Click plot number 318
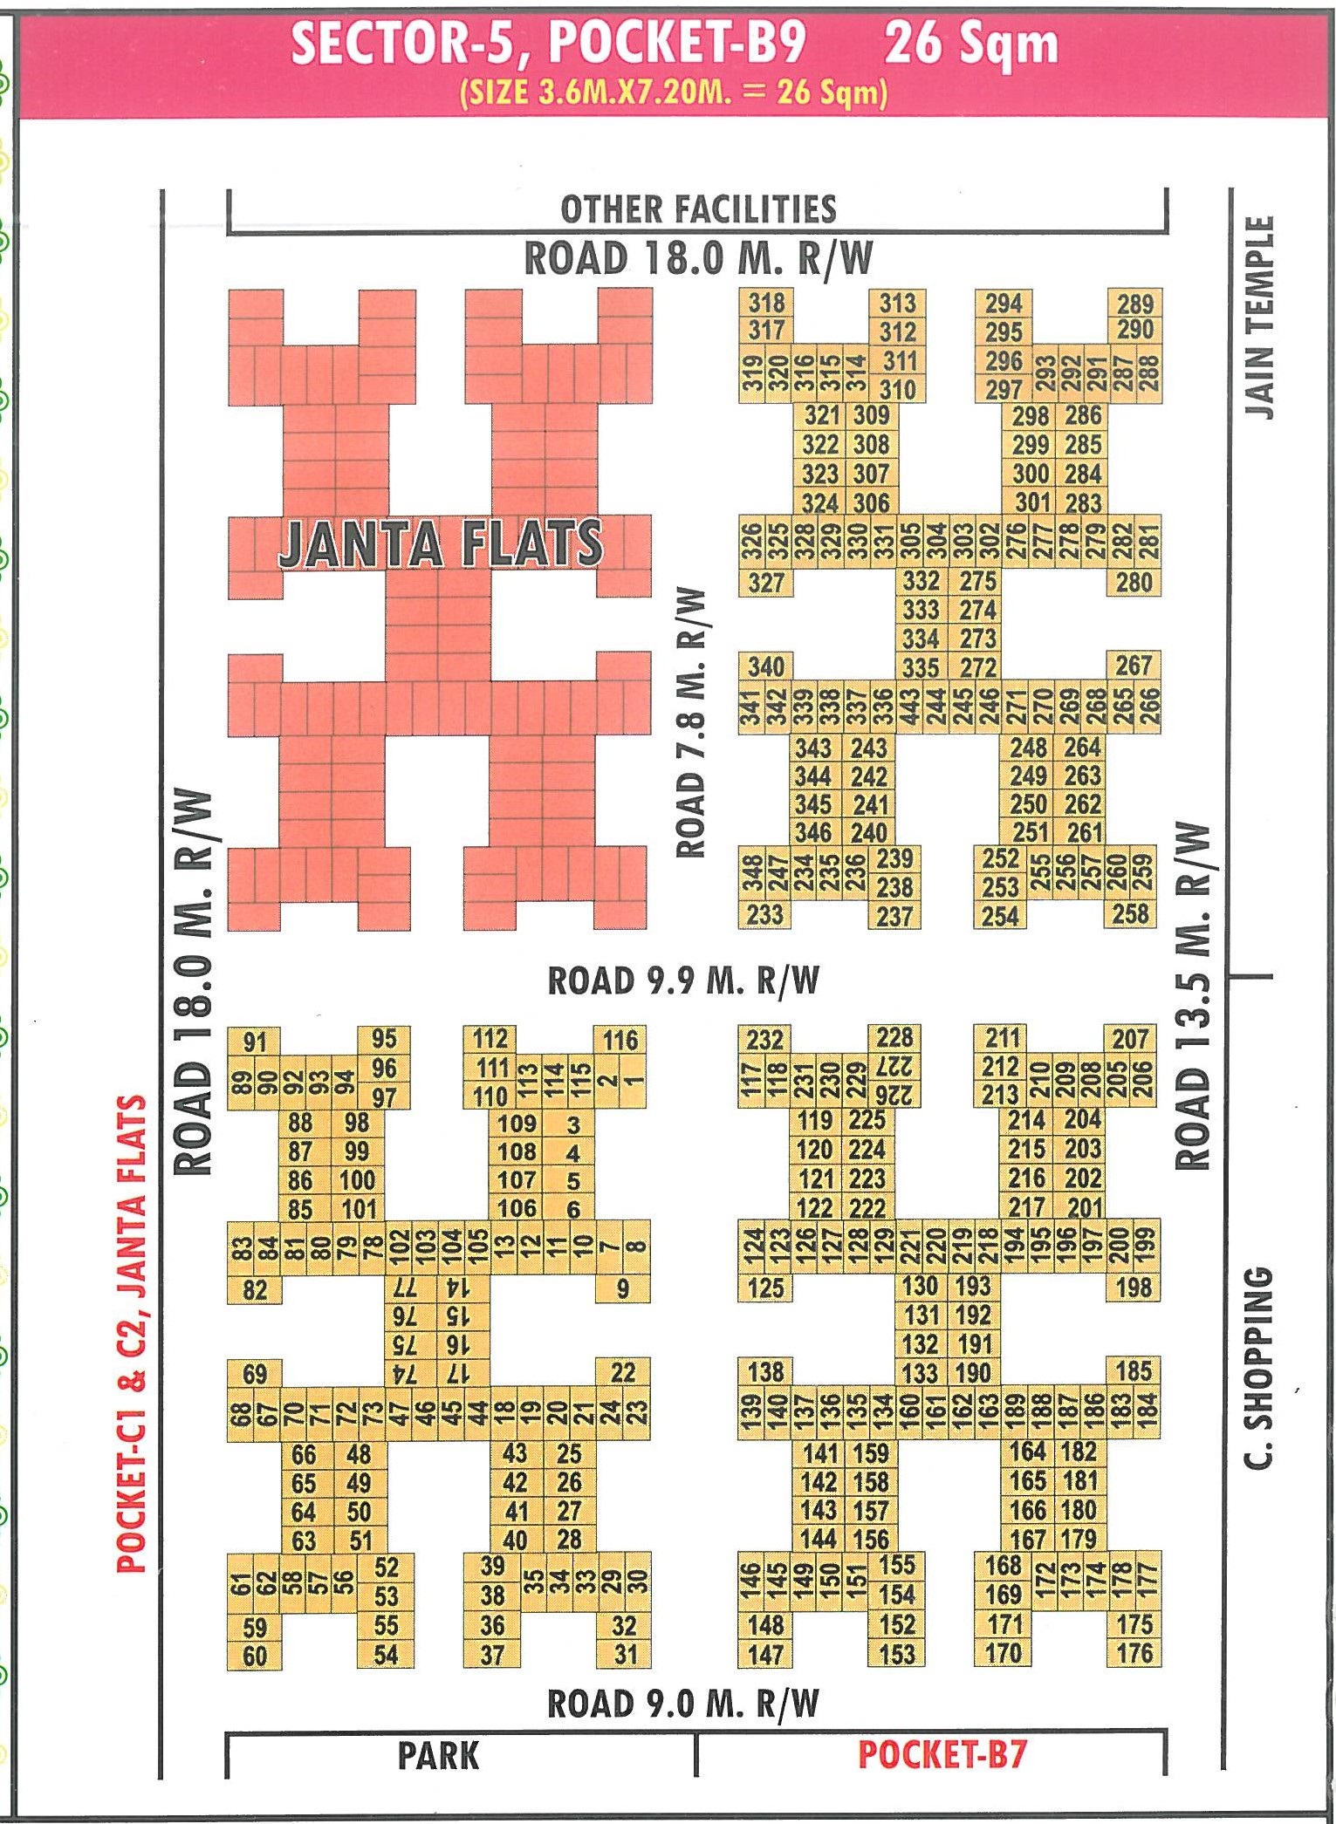tap(766, 303)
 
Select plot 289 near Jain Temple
tap(1134, 304)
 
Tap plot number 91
tap(255, 1042)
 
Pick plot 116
tap(620, 1040)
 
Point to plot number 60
tap(255, 1656)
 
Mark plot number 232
tap(764, 1040)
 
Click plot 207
tap(1130, 1039)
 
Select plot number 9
tap(622, 1288)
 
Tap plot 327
tap(765, 582)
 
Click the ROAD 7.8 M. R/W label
tap(690, 722)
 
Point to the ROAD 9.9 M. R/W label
tap(683, 980)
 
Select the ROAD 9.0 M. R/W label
tap(682, 1703)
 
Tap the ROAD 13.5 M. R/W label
tap(1194, 994)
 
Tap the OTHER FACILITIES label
tap(698, 209)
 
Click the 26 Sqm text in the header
tap(970, 44)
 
